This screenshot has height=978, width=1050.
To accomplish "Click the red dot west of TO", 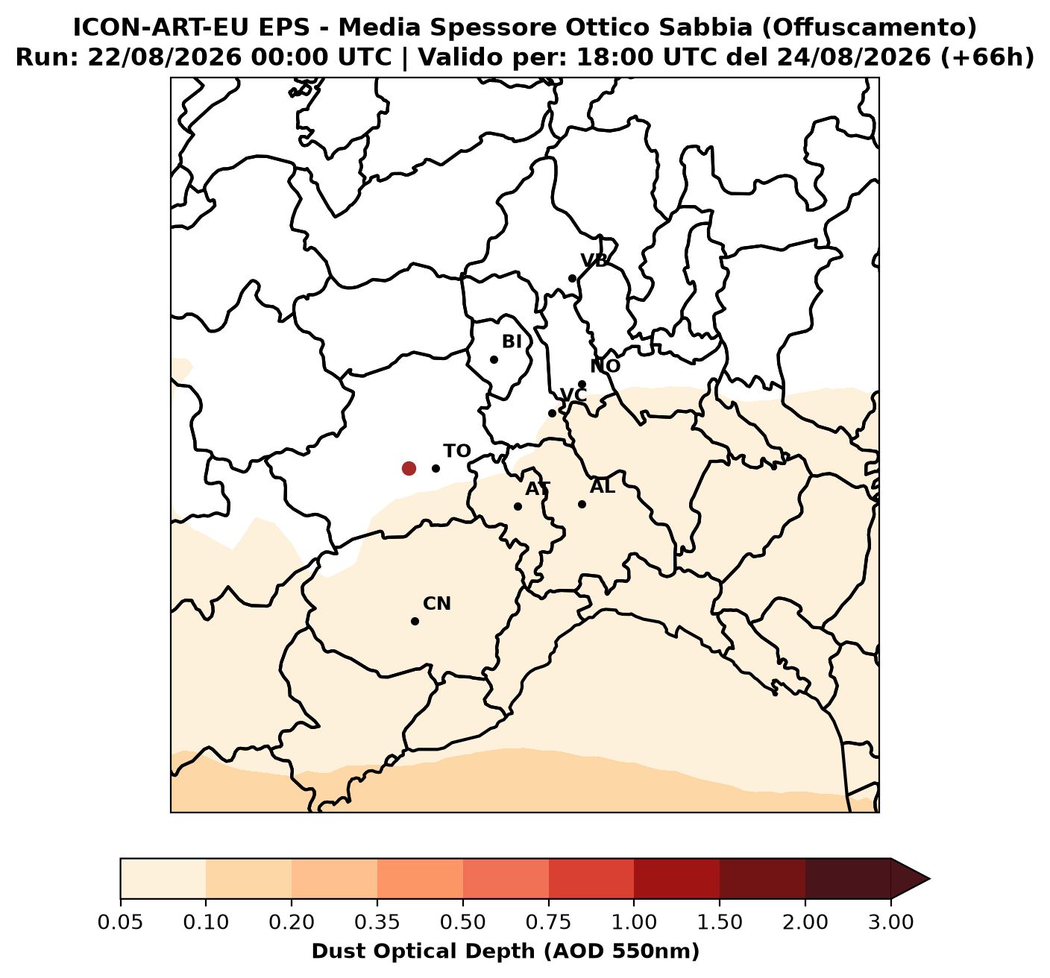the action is tap(409, 468).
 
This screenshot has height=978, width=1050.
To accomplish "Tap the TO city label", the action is tap(457, 451).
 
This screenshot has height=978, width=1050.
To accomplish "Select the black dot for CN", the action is tap(415, 621).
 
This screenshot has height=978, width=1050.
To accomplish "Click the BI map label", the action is tap(512, 341).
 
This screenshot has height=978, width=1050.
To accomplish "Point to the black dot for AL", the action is tap(582, 505).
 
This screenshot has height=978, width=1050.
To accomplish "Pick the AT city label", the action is tap(538, 489).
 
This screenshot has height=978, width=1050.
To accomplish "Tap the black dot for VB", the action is tap(572, 278).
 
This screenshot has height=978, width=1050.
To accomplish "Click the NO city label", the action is tap(606, 366).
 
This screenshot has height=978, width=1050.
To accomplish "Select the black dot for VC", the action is tap(552, 413).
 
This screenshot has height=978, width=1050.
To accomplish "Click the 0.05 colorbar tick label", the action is tap(121, 922).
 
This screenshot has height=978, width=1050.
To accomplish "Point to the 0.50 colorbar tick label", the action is tap(463, 922).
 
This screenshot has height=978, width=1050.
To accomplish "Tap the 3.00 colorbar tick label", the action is tap(891, 922).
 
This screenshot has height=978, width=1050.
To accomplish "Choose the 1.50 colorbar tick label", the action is tap(720, 922).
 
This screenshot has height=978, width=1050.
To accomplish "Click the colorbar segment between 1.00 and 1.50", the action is tap(676, 879).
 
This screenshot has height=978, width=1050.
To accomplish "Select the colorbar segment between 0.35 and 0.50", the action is tap(421, 879).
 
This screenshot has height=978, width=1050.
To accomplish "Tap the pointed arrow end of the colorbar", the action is tap(929, 879).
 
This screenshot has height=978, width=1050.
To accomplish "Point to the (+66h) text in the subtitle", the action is tap(987, 57).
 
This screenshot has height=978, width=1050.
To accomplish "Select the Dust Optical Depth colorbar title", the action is tap(506, 950).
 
